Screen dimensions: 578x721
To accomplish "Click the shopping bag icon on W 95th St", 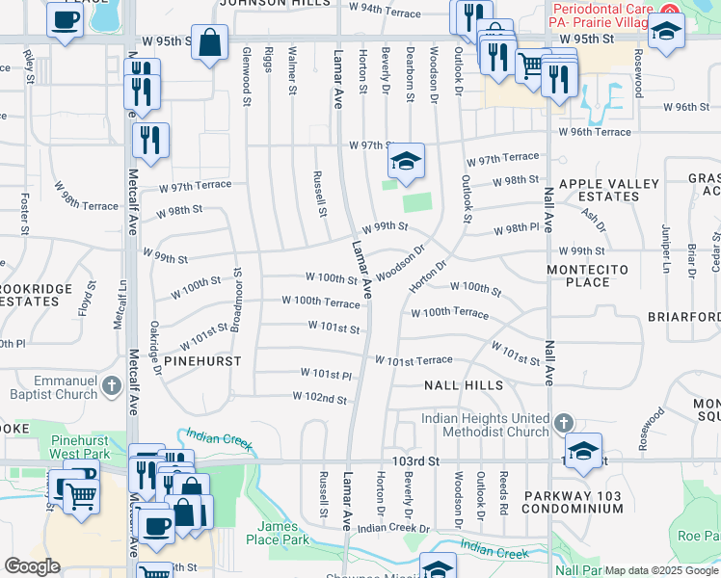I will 209,42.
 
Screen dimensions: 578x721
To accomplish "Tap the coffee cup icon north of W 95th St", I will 65,19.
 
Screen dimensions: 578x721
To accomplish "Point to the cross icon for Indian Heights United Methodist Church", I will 564,422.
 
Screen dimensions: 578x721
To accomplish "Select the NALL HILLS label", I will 463,385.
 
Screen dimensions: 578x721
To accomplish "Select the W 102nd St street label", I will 319,398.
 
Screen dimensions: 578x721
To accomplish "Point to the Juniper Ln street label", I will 665,242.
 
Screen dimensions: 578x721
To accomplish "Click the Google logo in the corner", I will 32,566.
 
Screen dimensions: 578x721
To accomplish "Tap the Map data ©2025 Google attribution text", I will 661,570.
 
